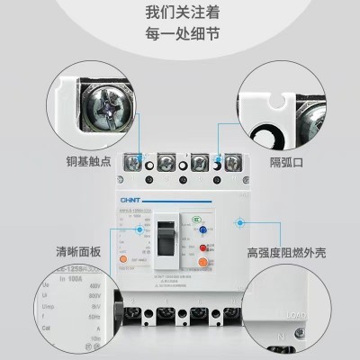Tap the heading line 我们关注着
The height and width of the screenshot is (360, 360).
point(180,14)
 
